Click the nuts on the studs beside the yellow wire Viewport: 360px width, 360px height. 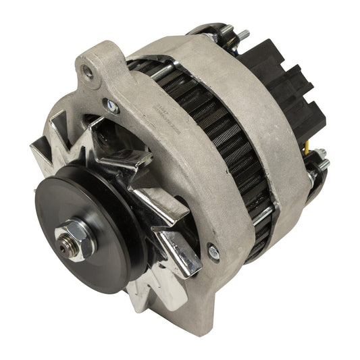[317, 162]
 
